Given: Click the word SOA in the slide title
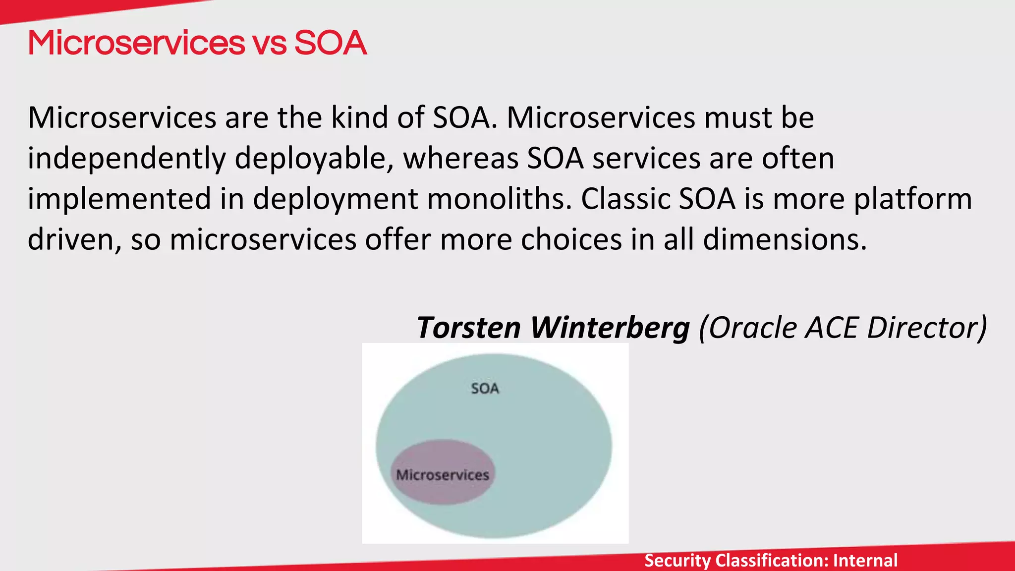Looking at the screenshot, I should pos(331,43).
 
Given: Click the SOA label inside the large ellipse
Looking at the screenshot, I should pos(485,388).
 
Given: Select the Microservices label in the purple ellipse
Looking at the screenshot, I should pos(443,475).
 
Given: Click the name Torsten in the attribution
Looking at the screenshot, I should pos(468,328).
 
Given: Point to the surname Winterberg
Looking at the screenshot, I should pos(610,328).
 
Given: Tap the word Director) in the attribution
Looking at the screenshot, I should pos(927,328).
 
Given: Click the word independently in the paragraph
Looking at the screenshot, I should pos(126,159).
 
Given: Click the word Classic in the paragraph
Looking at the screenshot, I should pos(625,199).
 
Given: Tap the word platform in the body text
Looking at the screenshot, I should pos(912,199).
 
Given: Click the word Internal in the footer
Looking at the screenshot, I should pos(865,561).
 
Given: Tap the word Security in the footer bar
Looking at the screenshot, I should pos(677,561).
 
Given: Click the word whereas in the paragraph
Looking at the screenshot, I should pos(460,159).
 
